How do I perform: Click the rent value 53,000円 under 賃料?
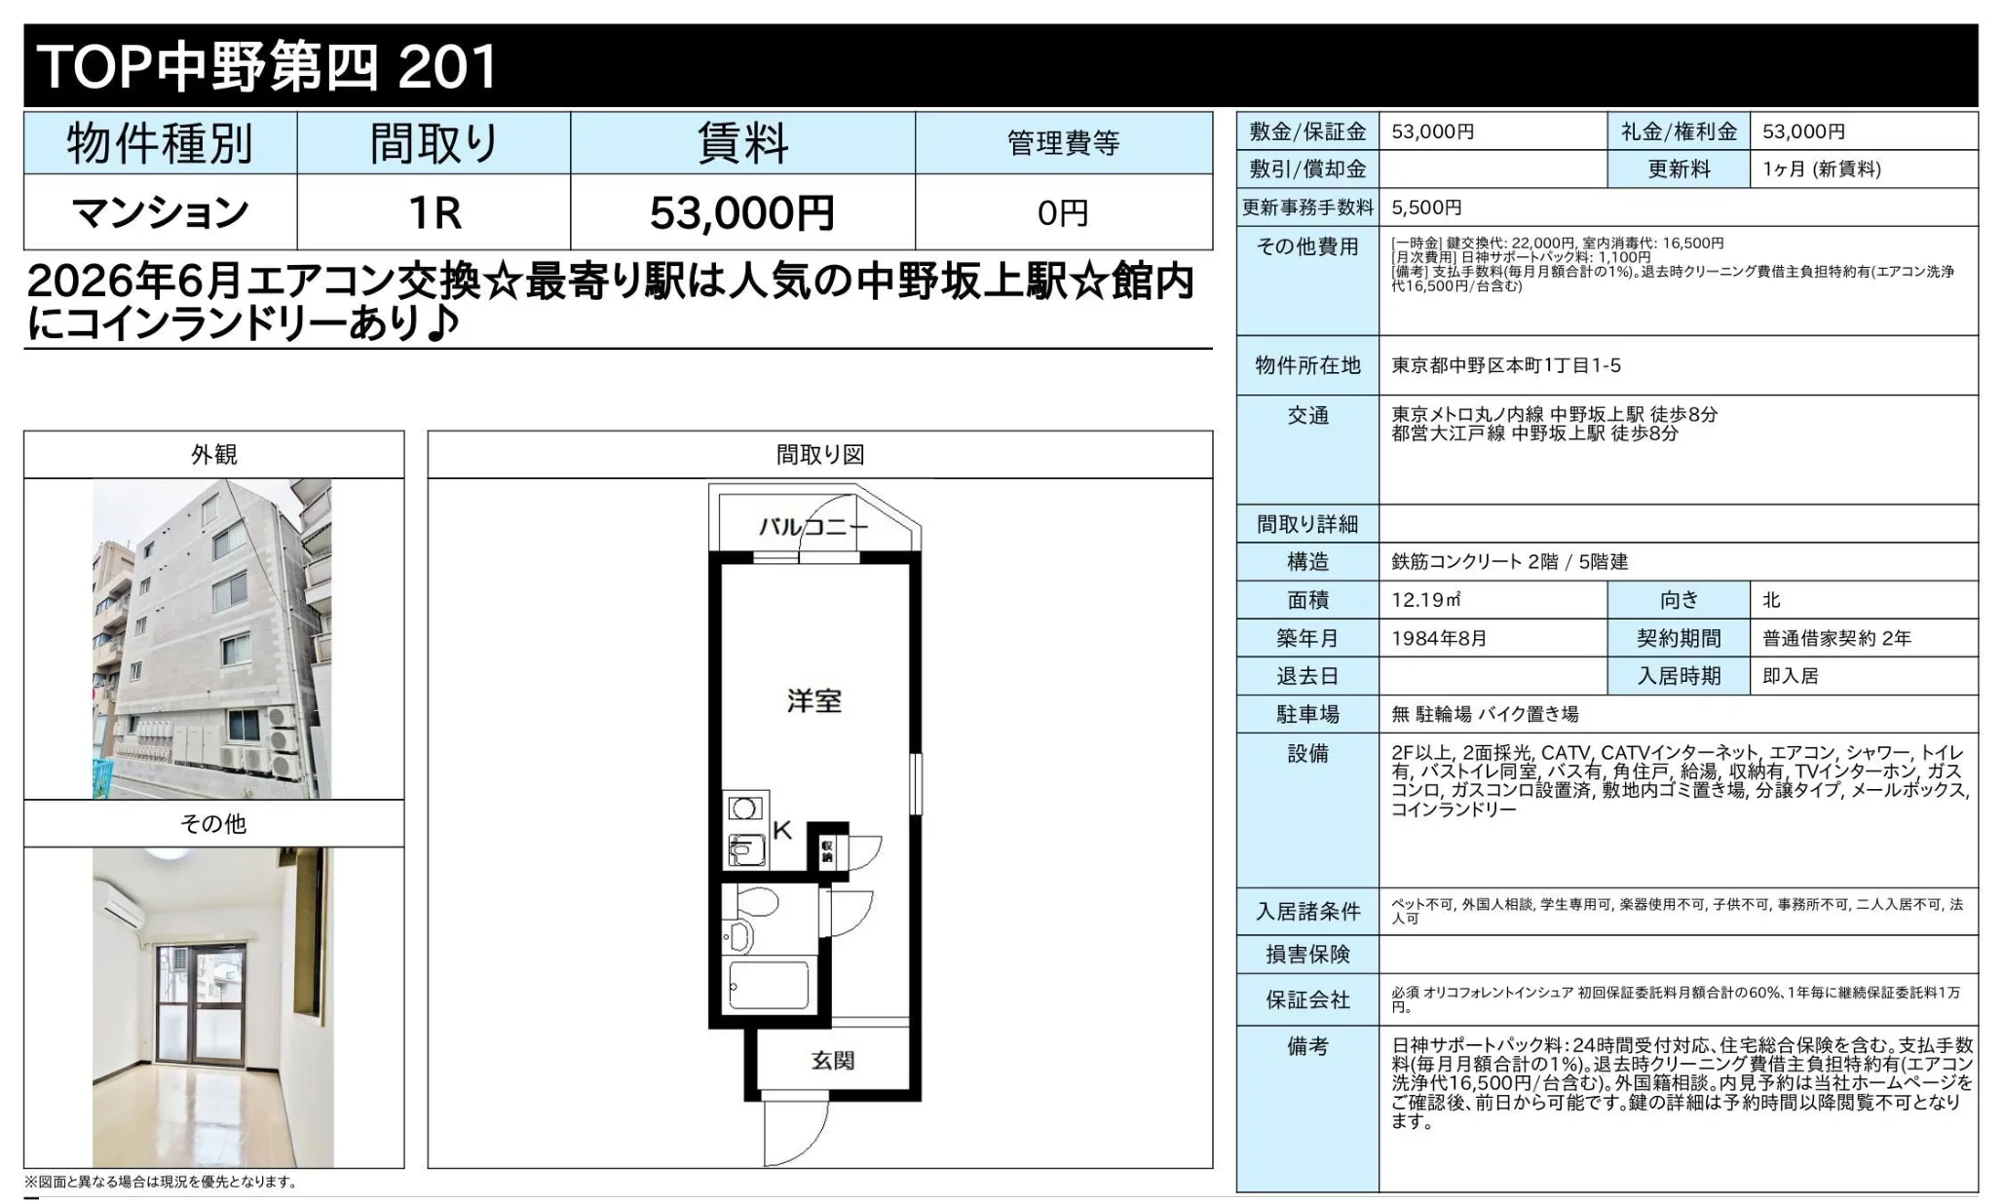pos(741,212)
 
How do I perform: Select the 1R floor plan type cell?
pos(435,212)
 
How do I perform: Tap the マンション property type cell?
pos(161,212)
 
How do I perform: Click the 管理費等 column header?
pos(1064,143)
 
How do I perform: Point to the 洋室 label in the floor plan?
pos(814,700)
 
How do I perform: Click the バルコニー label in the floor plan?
pos(813,527)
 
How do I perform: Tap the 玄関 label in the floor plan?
pos(833,1060)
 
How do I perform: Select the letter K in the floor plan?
pos(782,830)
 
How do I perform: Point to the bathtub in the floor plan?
pos(769,986)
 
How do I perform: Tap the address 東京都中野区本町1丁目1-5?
pos(1506,365)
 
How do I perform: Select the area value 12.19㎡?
pos(1426,600)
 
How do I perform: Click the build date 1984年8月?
pos(1439,638)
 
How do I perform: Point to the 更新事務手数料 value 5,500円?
pos(1426,207)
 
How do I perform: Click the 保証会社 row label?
pos(1307,999)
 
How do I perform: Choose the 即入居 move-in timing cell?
pos(1791,676)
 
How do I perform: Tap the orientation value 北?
pos(1771,600)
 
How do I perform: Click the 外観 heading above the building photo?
pos(214,455)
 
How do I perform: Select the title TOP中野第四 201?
pos(266,66)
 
